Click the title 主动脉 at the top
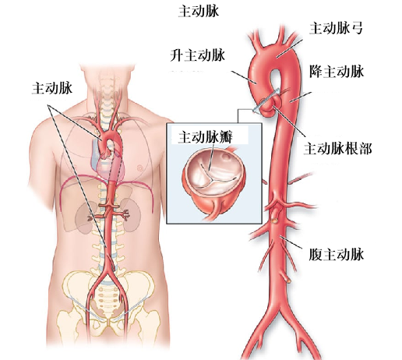click(199, 12)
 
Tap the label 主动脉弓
click(336, 28)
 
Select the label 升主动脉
click(198, 55)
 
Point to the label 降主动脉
click(337, 72)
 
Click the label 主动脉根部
click(338, 149)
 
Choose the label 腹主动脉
click(337, 254)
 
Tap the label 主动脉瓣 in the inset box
click(205, 137)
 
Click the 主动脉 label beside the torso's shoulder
click(52, 88)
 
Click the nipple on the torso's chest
click(140, 168)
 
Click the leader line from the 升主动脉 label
click(244, 77)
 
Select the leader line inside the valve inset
click(211, 157)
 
